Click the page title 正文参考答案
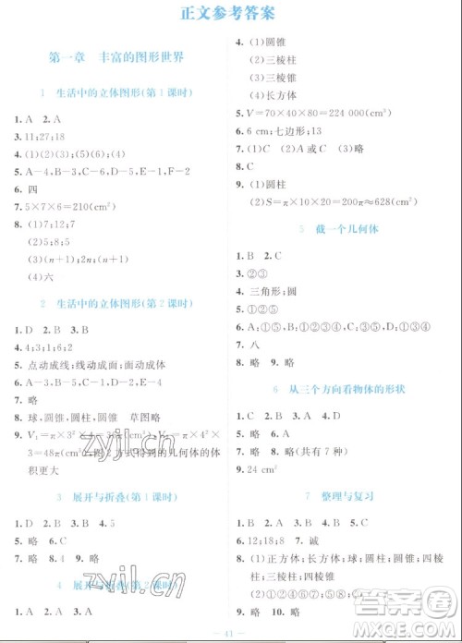click(230, 13)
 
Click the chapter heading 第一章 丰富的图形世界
click(115, 57)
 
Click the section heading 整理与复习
click(346, 496)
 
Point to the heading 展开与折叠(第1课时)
click(115, 498)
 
